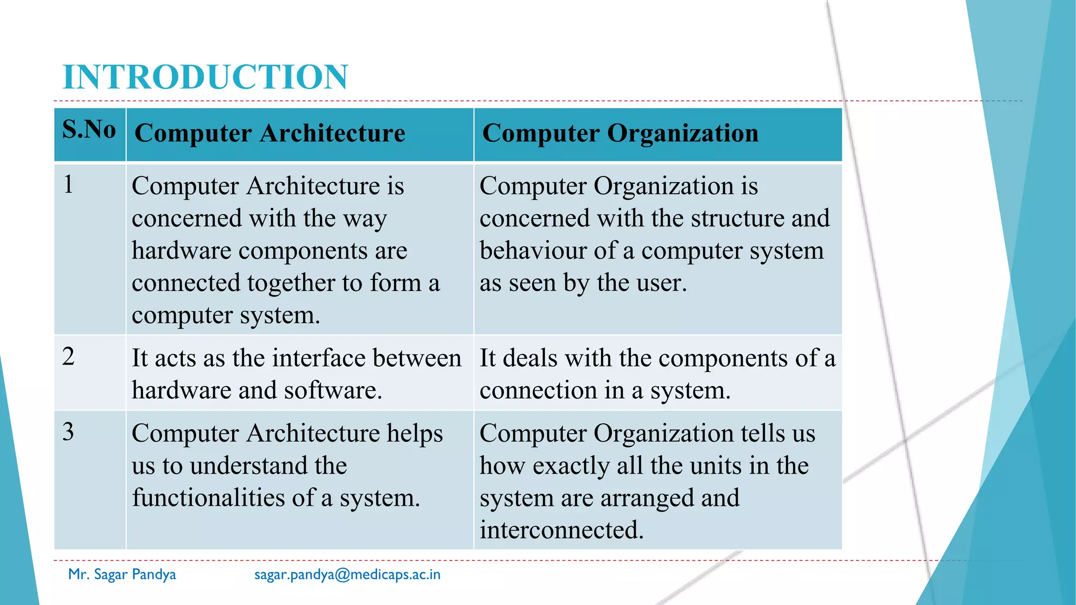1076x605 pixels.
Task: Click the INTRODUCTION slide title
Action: click(205, 77)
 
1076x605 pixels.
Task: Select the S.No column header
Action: click(89, 129)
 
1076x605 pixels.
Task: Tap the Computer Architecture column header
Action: click(270, 133)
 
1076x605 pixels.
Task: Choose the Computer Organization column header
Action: click(620, 133)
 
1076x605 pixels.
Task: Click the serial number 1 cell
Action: click(68, 185)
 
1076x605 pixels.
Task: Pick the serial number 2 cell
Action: click(68, 357)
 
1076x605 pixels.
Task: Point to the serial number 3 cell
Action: click(68, 432)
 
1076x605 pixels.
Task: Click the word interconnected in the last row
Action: click(561, 530)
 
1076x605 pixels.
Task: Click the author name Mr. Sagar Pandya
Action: click(122, 575)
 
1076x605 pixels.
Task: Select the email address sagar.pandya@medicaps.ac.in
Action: click(347, 575)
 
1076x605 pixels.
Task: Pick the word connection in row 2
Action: click(538, 391)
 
